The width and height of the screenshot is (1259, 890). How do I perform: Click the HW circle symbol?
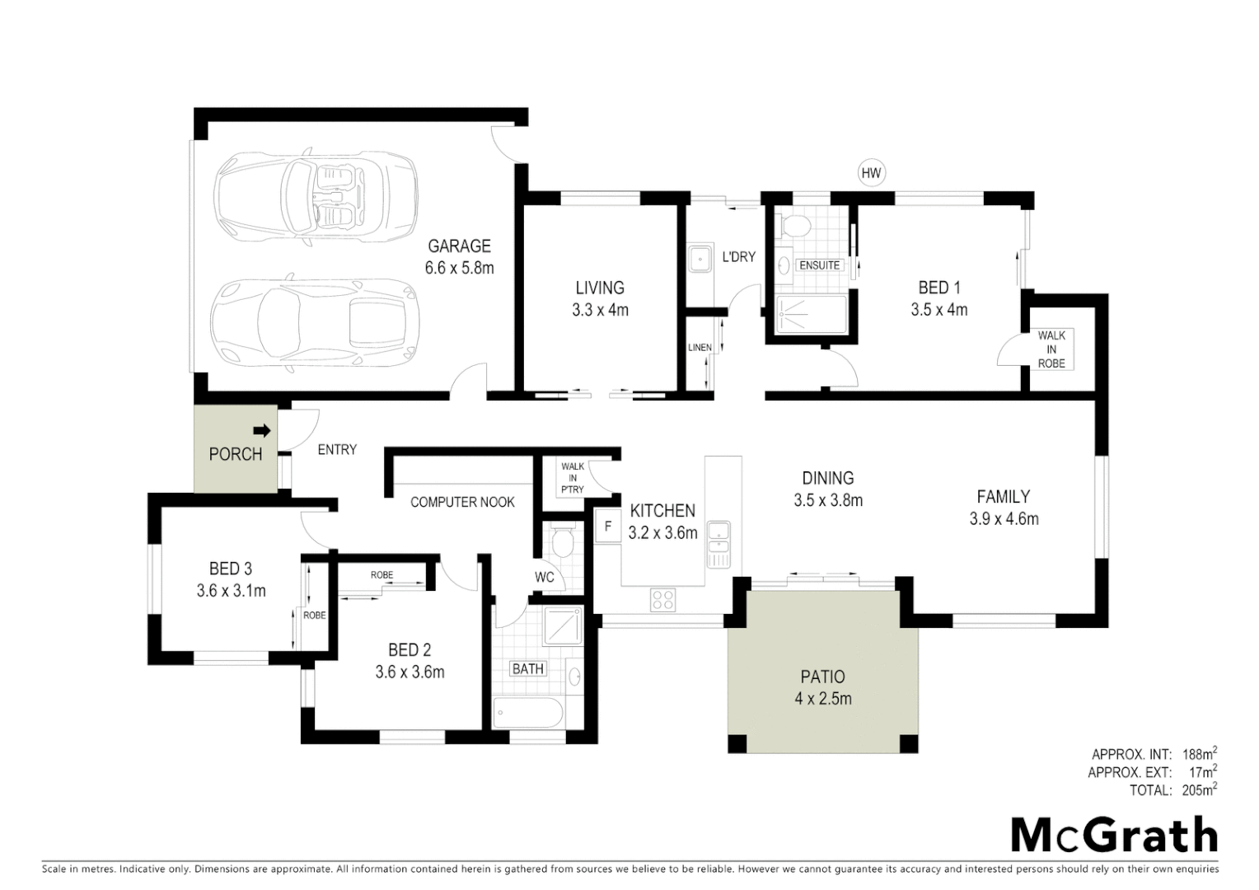coord(871,173)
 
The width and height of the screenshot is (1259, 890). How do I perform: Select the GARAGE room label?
coord(459,246)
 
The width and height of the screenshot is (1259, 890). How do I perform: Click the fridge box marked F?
coord(608,525)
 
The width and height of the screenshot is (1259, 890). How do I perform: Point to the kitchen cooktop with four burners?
coord(663,599)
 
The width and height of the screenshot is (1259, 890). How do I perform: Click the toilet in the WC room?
coord(564,542)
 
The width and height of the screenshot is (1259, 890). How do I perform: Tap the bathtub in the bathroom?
coord(528,712)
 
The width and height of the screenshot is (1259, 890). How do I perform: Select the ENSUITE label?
coord(820,265)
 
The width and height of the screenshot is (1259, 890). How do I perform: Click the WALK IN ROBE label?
coord(1051,349)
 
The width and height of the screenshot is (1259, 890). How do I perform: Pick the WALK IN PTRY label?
coord(573,478)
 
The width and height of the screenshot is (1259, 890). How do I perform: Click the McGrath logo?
coord(1114,836)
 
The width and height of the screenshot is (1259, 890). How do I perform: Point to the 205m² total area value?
coord(1199,790)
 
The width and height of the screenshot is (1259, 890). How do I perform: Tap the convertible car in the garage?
coord(315,195)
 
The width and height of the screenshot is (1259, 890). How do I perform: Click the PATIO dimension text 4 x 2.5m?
coord(822,699)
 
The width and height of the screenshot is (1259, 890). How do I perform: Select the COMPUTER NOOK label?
coord(462,502)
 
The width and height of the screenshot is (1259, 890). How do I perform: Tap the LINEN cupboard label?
coord(700,348)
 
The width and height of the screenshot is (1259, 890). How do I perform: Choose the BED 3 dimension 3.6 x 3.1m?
coord(231,590)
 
